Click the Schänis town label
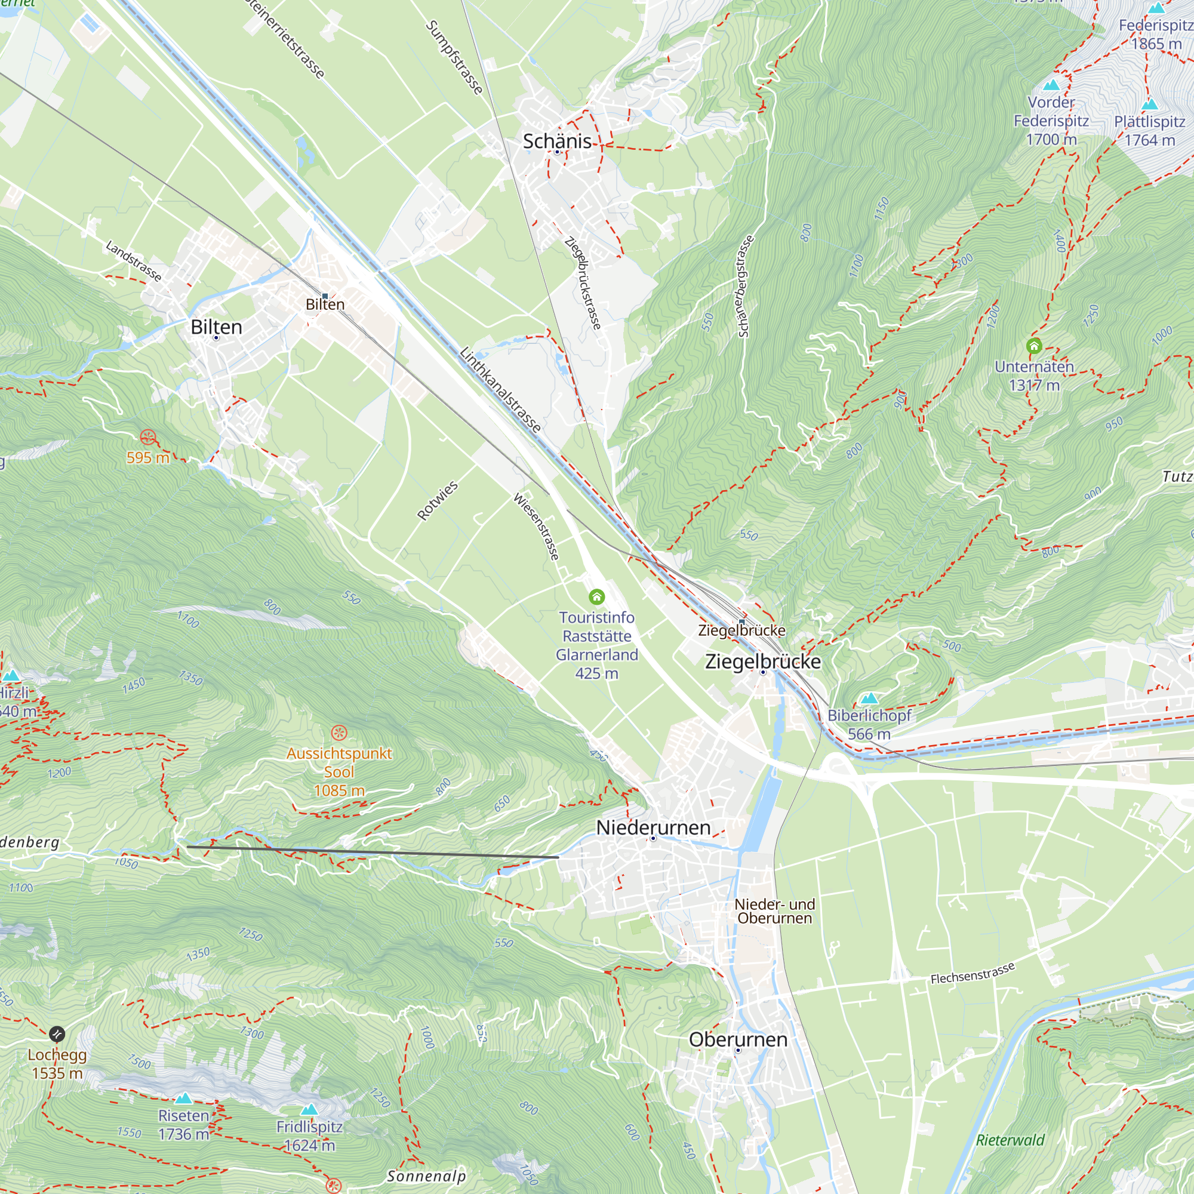tap(557, 141)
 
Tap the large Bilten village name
tap(216, 327)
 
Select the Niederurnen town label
tap(653, 827)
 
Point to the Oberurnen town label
tap(738, 1039)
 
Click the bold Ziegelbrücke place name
tap(762, 661)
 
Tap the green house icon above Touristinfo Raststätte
tap(596, 596)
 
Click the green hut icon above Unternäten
tap(1034, 346)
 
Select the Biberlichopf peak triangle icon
tap(869, 698)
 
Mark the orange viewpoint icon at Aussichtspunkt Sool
tap(338, 733)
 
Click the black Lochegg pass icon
tap(57, 1034)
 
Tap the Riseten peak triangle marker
tap(183, 1098)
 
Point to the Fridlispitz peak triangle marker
tap(309, 1109)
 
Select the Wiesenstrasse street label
tap(537, 527)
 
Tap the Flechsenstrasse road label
tap(972, 973)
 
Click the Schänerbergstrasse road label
tap(745, 286)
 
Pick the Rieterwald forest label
tap(1010, 1140)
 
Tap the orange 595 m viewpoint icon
tap(147, 438)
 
